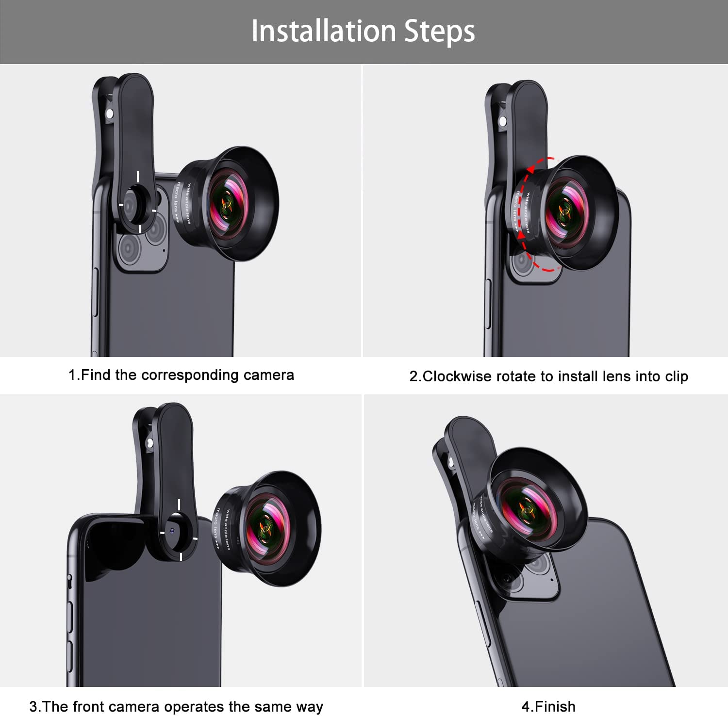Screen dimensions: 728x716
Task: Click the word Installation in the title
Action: (324, 31)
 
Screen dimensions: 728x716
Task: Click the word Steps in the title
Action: (440, 32)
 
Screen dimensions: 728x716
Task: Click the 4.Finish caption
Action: (548, 706)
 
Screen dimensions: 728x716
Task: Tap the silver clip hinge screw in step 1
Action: (110, 114)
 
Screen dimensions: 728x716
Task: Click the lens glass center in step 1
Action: (227, 204)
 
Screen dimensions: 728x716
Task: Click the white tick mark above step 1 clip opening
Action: (138, 177)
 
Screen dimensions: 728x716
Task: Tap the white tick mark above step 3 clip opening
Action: (179, 504)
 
